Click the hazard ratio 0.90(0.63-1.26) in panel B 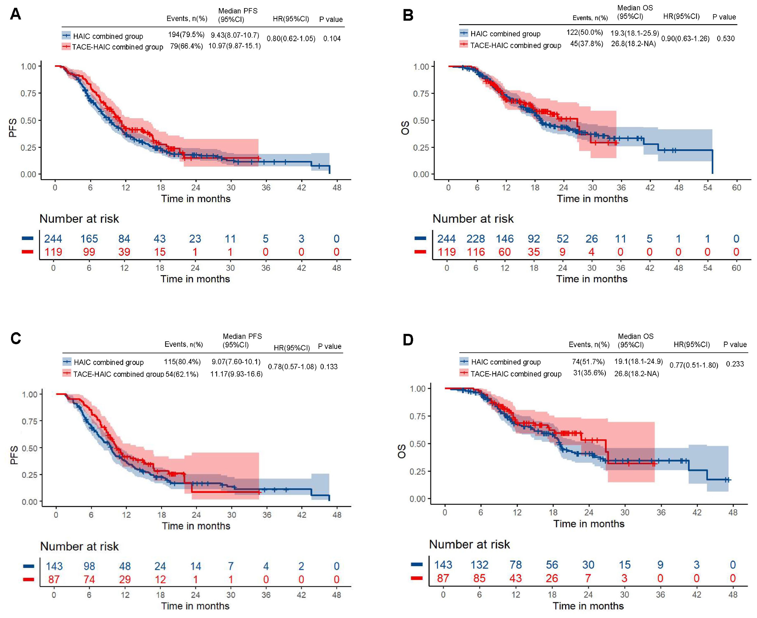coord(685,38)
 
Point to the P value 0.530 coord(725,38)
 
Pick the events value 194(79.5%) coord(186,35)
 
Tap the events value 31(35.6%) coord(589,373)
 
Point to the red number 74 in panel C coord(89,580)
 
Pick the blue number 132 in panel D coord(479,565)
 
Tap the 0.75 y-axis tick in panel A coord(28,93)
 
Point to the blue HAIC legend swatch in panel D coord(464,362)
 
